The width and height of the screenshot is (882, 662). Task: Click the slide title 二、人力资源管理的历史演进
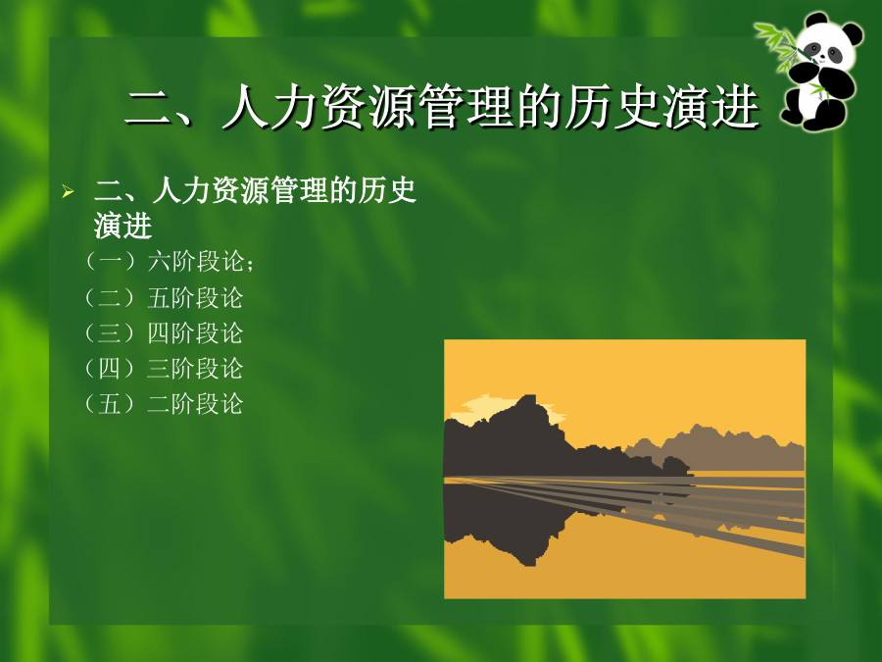pyautogui.click(x=442, y=106)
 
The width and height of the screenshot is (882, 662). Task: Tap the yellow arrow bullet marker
pyautogui.click(x=68, y=191)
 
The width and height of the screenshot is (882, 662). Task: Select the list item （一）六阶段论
pyautogui.click(x=169, y=261)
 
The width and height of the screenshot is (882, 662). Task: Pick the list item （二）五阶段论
pyautogui.click(x=163, y=298)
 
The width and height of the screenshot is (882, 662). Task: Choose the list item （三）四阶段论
pyautogui.click(x=163, y=333)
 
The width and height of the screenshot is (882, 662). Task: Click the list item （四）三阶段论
pyautogui.click(x=163, y=369)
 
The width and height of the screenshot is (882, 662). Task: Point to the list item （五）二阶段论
pyautogui.click(x=163, y=404)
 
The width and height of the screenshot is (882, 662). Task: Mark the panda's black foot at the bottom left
pyautogui.click(x=793, y=115)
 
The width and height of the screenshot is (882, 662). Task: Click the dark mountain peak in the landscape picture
pyautogui.click(x=527, y=404)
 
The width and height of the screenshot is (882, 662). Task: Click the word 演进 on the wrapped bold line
pyautogui.click(x=123, y=227)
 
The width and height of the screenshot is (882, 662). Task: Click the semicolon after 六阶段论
pyautogui.click(x=250, y=264)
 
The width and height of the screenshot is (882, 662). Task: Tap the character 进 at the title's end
pyautogui.click(x=736, y=106)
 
